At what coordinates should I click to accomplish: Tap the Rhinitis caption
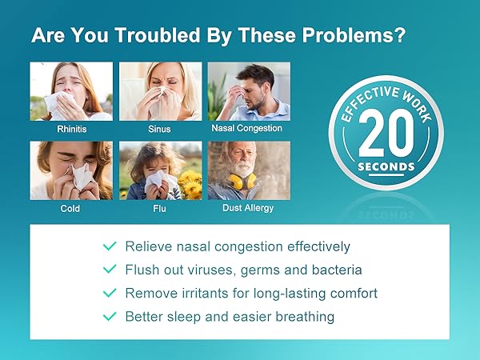click(71, 128)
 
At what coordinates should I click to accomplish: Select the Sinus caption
click(159, 128)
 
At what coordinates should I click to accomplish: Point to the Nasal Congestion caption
click(246, 128)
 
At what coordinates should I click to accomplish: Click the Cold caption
click(70, 208)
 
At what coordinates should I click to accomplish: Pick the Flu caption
click(159, 208)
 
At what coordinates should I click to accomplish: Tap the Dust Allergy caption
click(248, 208)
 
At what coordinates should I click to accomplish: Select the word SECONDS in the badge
click(386, 167)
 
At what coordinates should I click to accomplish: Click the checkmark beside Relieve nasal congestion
click(110, 247)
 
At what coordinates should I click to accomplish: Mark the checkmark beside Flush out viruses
click(110, 270)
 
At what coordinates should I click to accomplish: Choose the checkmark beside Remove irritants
click(110, 294)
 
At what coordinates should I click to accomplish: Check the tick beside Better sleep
click(110, 317)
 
